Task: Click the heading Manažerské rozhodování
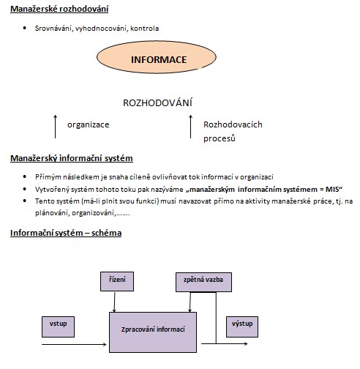click(x=59, y=9)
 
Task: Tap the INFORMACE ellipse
click(x=157, y=57)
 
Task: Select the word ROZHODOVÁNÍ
click(x=157, y=102)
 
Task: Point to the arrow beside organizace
click(x=56, y=127)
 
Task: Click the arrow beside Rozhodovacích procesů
click(x=190, y=127)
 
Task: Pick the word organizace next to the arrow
click(x=89, y=124)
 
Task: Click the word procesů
click(x=220, y=138)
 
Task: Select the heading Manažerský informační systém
click(x=72, y=158)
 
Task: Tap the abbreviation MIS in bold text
click(x=332, y=189)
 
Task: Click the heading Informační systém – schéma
click(x=66, y=233)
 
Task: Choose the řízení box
click(x=117, y=281)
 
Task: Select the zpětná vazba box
click(x=203, y=282)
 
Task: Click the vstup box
click(x=58, y=327)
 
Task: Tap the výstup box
click(x=242, y=327)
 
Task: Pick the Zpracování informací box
click(x=153, y=332)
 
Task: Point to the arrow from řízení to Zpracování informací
click(x=114, y=302)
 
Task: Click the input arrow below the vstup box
click(x=74, y=344)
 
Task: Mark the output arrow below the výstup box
click(x=225, y=343)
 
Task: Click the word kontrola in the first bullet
click(x=145, y=29)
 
